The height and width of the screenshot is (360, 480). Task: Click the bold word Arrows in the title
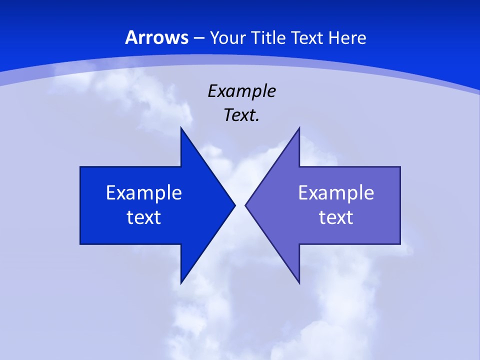pos(156,37)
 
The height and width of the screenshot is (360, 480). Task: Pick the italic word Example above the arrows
pos(241,91)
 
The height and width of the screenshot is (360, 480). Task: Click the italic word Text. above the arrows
pos(241,115)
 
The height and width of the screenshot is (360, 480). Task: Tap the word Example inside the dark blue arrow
pos(144,192)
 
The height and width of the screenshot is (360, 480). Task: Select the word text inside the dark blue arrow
pos(144,217)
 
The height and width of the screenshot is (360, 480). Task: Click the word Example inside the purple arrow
pos(336,192)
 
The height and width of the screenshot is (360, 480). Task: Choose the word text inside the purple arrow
pos(336,217)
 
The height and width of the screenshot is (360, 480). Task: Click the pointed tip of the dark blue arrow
pos(234,205)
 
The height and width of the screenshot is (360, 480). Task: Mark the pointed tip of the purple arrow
pos(246,205)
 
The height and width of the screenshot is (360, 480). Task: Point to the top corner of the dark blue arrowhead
pos(181,128)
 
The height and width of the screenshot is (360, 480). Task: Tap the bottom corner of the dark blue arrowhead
pos(181,282)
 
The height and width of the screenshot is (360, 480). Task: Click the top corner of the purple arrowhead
pos(299,128)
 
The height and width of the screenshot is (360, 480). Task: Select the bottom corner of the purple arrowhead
pos(299,282)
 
